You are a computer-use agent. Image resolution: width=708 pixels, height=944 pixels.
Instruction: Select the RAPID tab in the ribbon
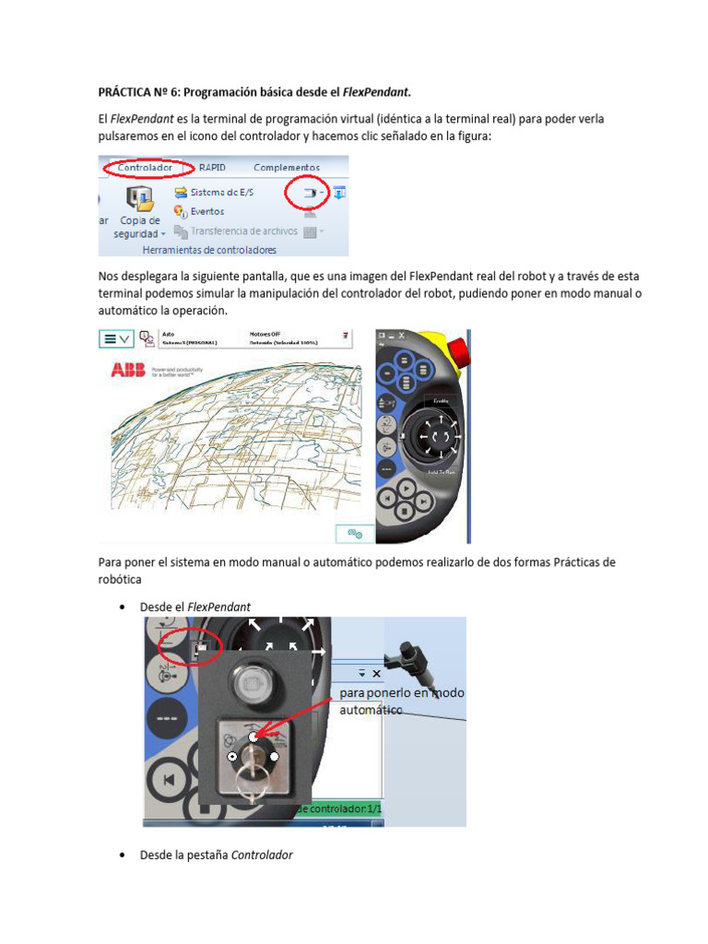point(212,168)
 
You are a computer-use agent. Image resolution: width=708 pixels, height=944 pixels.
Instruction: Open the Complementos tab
point(286,168)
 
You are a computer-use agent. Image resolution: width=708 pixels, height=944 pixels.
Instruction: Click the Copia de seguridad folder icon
point(139,198)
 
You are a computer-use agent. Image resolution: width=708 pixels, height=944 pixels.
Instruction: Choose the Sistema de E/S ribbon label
point(221,193)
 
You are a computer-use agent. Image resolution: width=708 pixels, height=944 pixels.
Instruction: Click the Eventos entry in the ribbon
point(206,211)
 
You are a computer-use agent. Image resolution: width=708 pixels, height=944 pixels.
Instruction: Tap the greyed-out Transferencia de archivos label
point(243,231)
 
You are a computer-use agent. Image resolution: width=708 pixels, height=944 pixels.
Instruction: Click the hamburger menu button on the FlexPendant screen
point(116,338)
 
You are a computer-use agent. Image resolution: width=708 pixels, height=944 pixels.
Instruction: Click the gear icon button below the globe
point(354,533)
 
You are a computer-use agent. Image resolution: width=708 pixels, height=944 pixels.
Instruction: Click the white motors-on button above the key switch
point(253,682)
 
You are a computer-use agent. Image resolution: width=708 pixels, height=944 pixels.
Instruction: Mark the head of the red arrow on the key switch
point(254,735)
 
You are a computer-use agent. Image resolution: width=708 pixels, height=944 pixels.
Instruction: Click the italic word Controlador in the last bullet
point(262,855)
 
